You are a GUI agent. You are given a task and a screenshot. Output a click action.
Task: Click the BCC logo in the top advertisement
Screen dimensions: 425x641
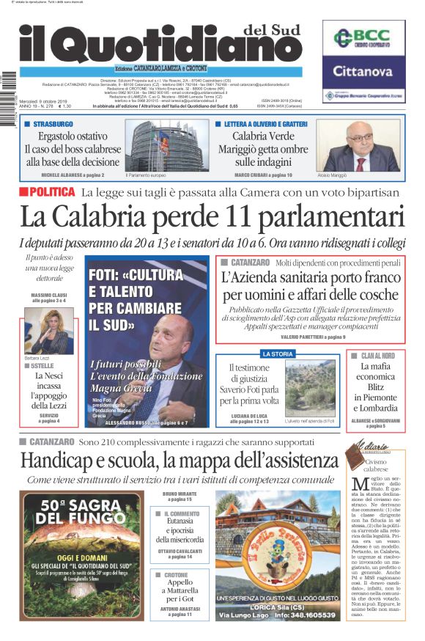click(363, 38)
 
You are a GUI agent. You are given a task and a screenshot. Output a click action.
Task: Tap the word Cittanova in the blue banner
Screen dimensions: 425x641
click(363, 72)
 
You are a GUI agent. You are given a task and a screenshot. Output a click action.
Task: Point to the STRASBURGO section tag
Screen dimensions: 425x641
click(53, 124)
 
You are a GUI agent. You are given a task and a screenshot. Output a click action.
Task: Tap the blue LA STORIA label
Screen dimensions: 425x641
click(277, 354)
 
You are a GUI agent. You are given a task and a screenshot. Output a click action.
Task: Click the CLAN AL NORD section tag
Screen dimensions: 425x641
click(377, 356)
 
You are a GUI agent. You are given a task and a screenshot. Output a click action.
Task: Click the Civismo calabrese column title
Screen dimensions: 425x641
click(375, 466)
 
